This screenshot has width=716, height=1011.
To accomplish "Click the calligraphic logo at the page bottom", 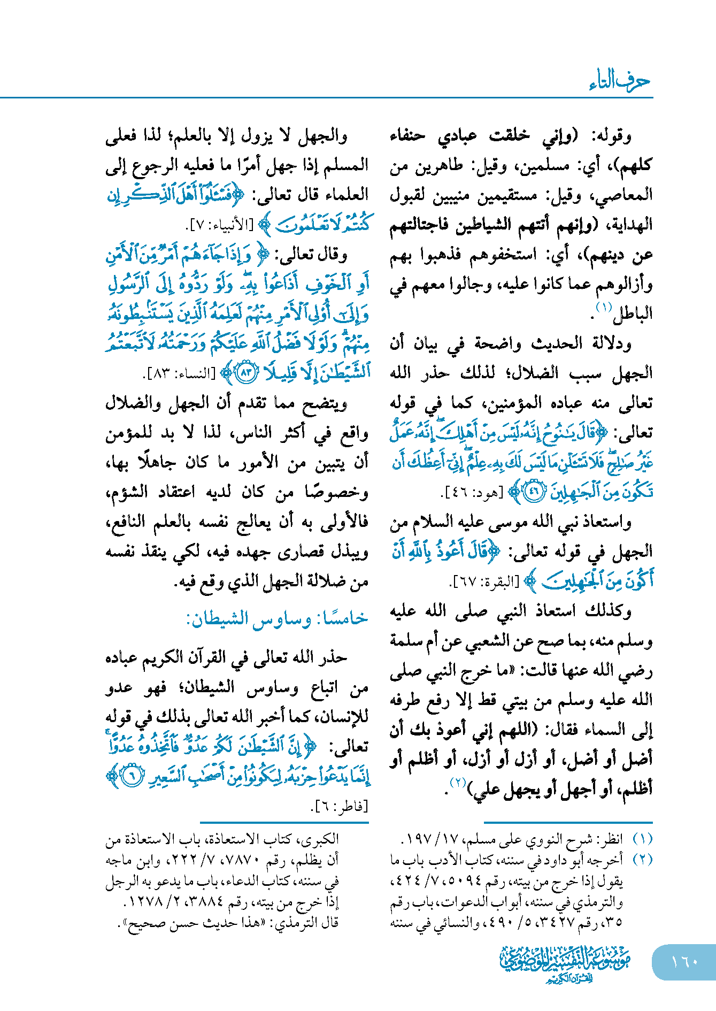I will [x=565, y=963].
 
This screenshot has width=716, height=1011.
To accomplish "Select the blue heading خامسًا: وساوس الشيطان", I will [x=277, y=619].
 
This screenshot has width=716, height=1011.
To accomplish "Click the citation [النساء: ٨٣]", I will [x=179, y=374].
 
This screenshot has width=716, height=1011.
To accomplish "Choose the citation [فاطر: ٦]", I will [x=340, y=806].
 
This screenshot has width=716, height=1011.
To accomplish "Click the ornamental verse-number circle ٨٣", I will [x=247, y=373].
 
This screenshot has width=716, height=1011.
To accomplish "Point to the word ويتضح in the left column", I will [x=325, y=403].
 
